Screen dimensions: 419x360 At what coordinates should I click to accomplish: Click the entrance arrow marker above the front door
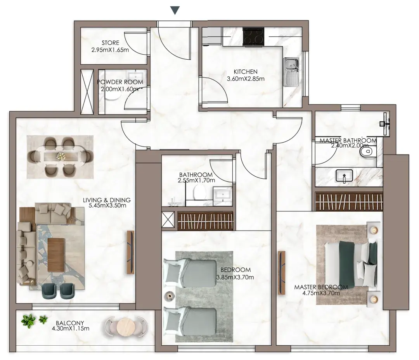[x=175, y=10]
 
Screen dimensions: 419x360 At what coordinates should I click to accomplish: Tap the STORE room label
[x=110, y=43]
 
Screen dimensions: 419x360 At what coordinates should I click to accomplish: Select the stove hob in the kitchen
[x=253, y=36]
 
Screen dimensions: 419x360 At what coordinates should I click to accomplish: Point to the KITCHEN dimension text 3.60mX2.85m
[x=246, y=79]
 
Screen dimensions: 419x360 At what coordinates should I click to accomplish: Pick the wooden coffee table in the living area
[x=56, y=255]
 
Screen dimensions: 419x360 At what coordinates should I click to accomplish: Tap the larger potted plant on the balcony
[x=28, y=320]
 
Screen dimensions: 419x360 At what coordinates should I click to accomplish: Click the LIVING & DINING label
[x=107, y=200]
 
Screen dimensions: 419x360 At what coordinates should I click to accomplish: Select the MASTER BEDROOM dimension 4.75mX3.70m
[x=321, y=293]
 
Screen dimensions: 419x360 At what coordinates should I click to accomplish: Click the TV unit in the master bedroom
[x=282, y=273]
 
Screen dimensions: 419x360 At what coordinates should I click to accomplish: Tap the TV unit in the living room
[x=130, y=252]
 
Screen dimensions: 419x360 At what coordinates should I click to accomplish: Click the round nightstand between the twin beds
[x=169, y=296]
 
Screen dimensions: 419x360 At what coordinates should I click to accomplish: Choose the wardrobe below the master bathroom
[x=349, y=202]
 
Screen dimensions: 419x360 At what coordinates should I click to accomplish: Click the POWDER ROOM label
[x=120, y=82]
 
